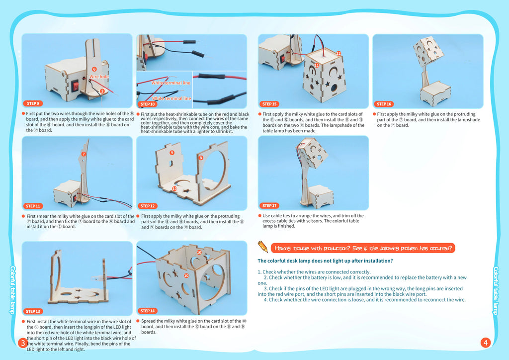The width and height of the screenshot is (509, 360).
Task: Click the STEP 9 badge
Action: (x=33, y=103)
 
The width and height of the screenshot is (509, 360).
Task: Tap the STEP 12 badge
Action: (x=148, y=206)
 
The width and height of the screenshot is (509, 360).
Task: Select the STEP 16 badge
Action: (x=384, y=104)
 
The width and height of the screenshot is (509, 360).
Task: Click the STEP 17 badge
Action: (x=269, y=205)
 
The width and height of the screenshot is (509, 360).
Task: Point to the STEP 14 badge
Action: (x=148, y=311)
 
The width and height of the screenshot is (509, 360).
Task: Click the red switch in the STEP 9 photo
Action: (x=76, y=86)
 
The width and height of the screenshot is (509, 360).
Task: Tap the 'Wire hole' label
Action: (x=99, y=77)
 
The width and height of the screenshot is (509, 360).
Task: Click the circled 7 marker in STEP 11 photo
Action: (x=84, y=154)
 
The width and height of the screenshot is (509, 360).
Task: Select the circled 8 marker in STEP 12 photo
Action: (x=201, y=158)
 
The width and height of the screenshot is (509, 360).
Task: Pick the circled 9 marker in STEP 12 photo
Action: (x=172, y=153)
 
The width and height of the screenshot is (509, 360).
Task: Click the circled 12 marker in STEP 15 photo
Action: (x=339, y=53)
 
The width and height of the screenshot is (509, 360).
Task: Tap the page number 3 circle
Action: (x=23, y=343)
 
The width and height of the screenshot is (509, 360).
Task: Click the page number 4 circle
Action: (x=485, y=343)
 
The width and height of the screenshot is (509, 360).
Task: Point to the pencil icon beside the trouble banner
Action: (x=262, y=247)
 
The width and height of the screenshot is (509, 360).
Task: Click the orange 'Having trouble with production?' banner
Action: (x=363, y=248)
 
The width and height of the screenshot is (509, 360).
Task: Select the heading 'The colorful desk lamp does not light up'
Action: (x=325, y=261)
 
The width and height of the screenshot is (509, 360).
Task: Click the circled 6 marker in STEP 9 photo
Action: (x=94, y=69)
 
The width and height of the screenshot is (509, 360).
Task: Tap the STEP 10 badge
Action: (x=148, y=104)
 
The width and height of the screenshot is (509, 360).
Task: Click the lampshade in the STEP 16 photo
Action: (x=428, y=51)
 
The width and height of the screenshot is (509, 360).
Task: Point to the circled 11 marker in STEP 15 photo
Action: (x=317, y=65)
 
